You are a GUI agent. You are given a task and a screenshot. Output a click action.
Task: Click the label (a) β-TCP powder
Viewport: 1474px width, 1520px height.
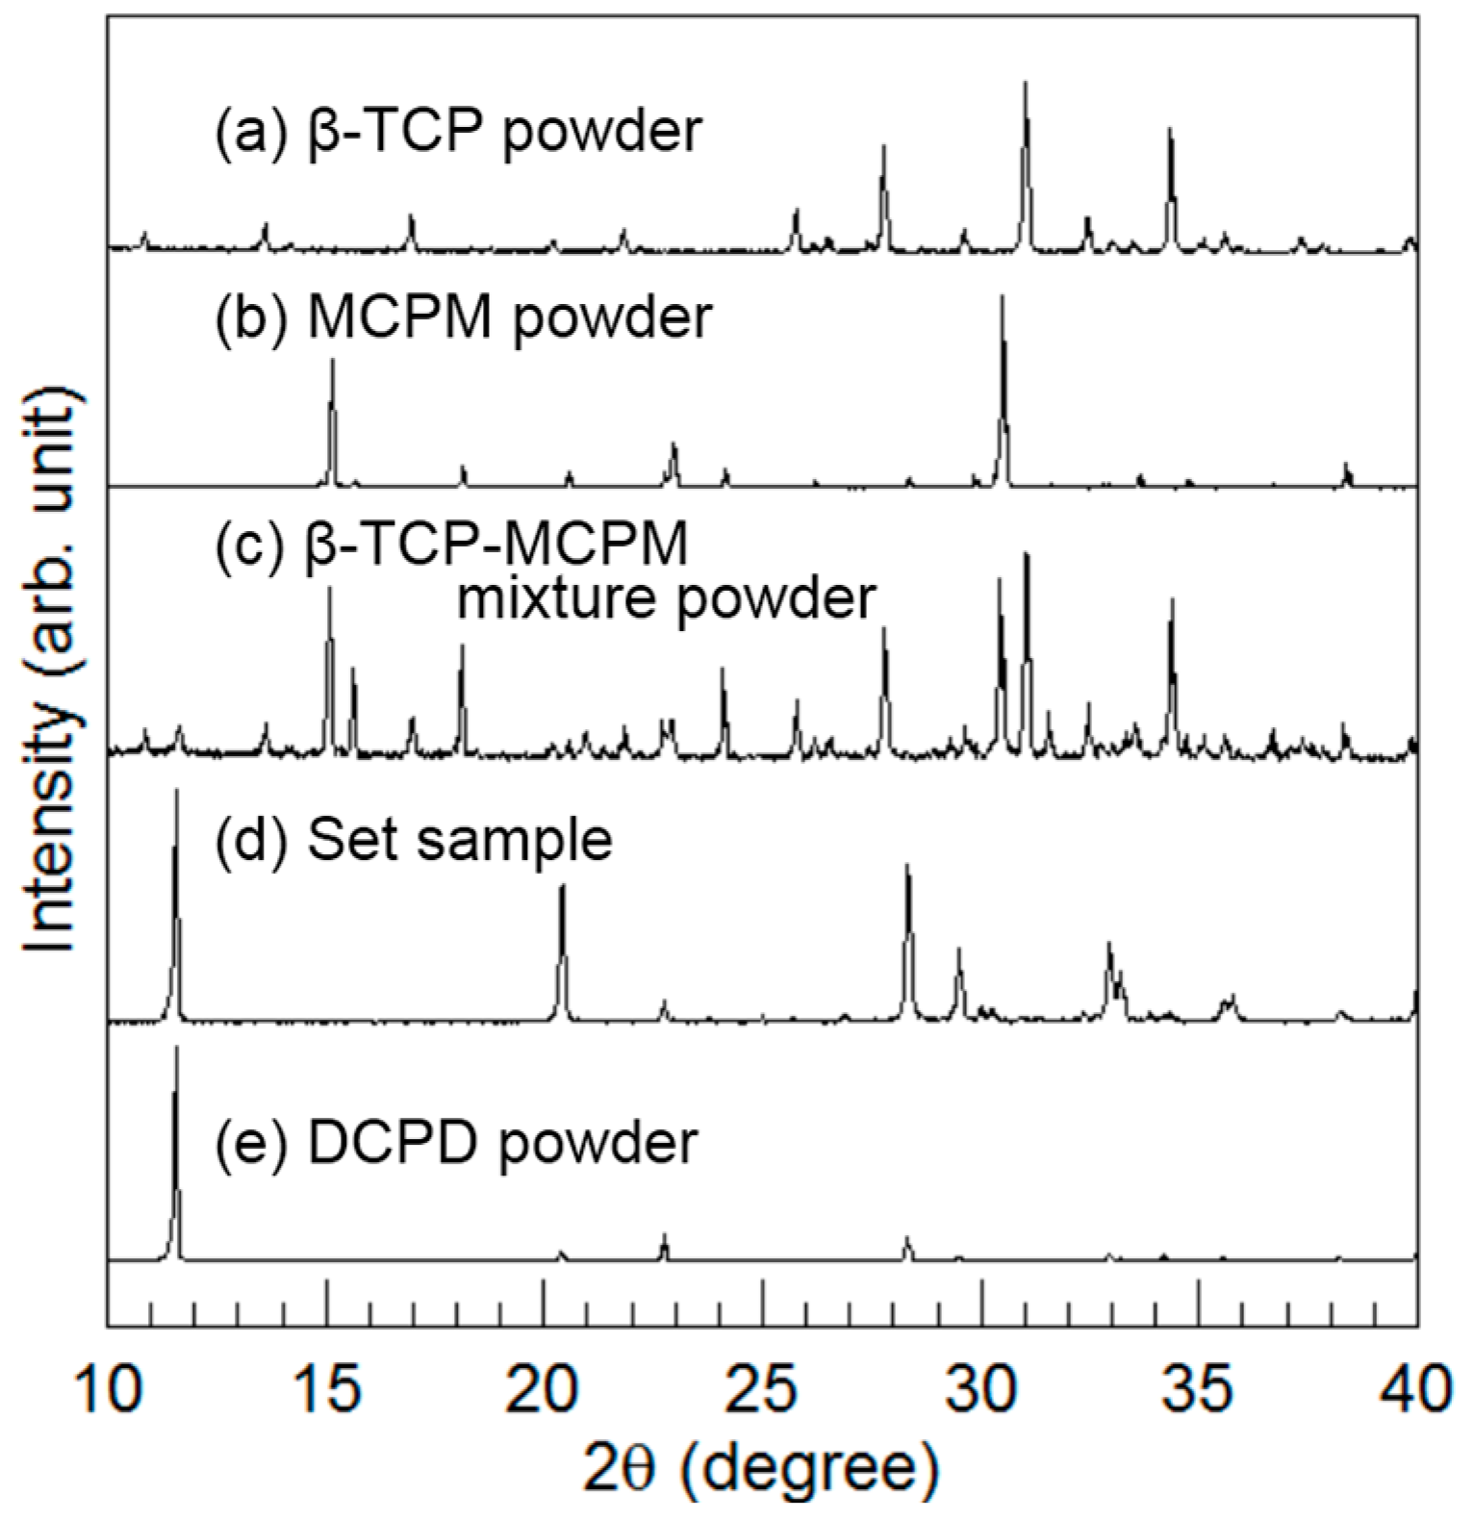(x=458, y=132)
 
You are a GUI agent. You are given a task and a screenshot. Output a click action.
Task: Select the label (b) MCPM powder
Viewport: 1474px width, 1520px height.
(x=463, y=317)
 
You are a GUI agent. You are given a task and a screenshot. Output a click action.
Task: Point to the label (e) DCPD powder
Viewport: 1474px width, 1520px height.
(x=455, y=1142)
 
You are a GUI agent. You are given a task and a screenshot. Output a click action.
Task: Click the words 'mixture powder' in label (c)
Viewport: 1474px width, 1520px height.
(x=666, y=598)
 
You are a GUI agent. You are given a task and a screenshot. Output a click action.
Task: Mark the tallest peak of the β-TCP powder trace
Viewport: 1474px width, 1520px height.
(x=1026, y=84)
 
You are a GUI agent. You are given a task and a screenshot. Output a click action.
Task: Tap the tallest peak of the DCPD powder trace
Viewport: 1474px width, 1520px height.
(x=176, y=1049)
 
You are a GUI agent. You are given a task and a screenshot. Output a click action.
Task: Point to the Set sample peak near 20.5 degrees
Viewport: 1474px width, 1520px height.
(x=563, y=887)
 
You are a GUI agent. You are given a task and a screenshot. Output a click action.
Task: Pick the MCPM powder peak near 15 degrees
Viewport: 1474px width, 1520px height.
(x=333, y=361)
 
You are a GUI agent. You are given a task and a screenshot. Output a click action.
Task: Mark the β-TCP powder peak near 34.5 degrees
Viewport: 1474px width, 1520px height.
(x=1171, y=130)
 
